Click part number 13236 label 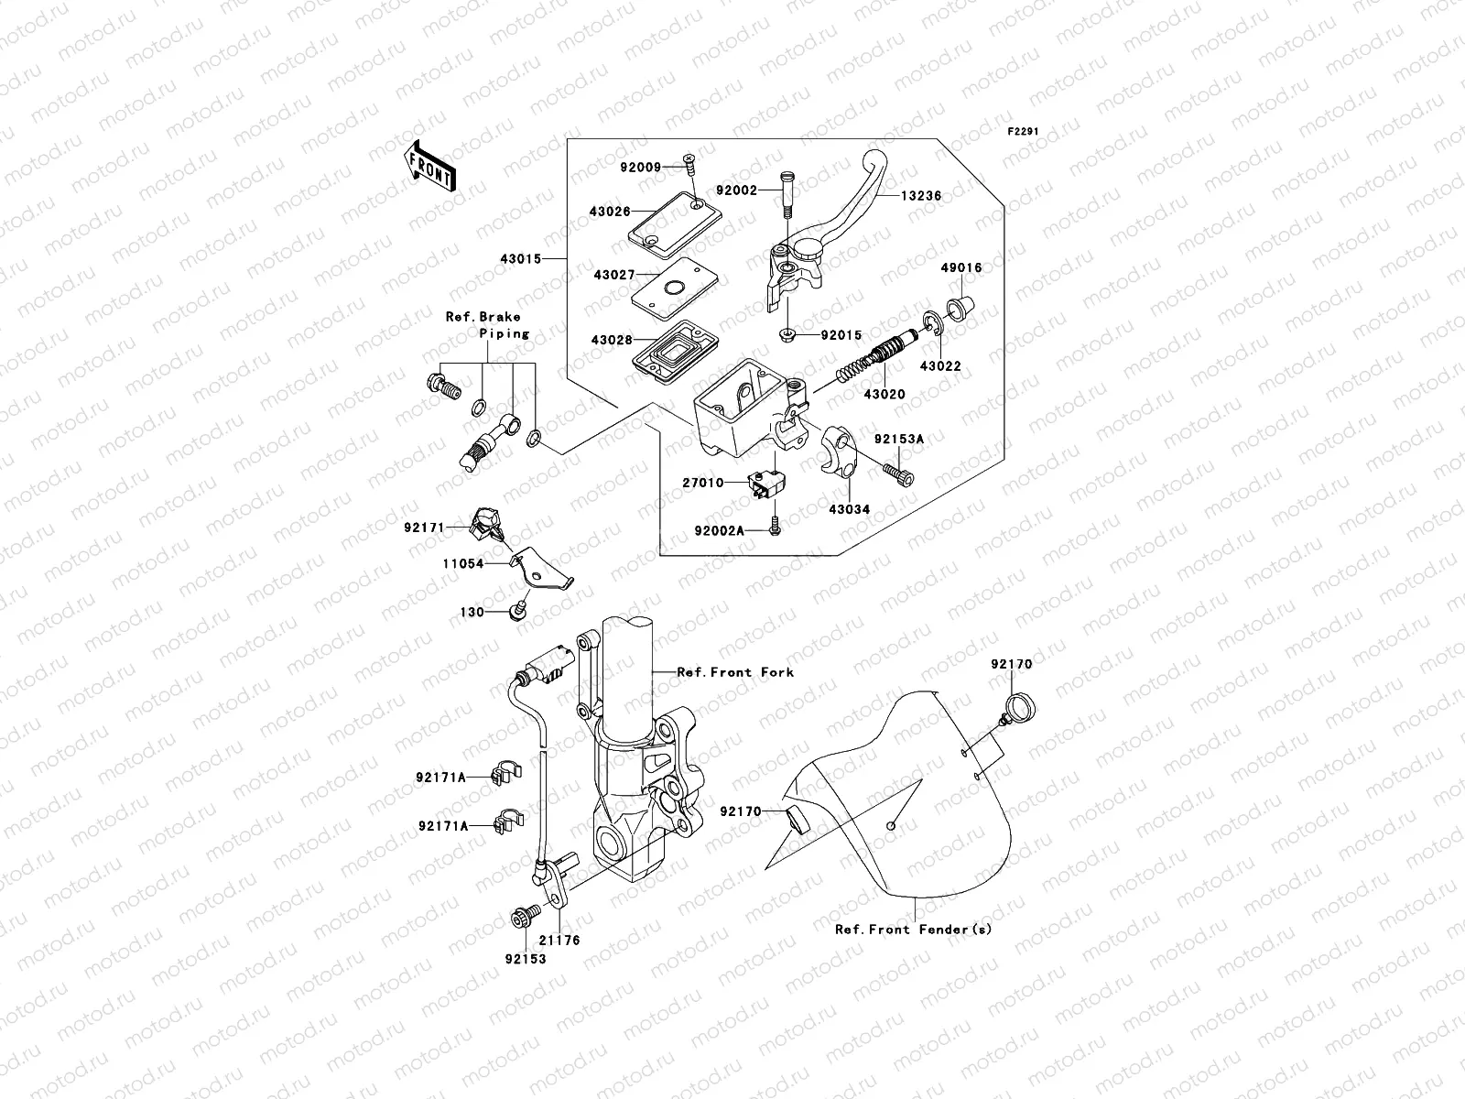[921, 196]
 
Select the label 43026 [610, 212]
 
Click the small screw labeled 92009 [688, 167]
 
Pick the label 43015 [520, 259]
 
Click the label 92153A [898, 440]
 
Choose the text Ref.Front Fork [735, 671]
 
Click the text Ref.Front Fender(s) [913, 929]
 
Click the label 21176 [559, 940]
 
